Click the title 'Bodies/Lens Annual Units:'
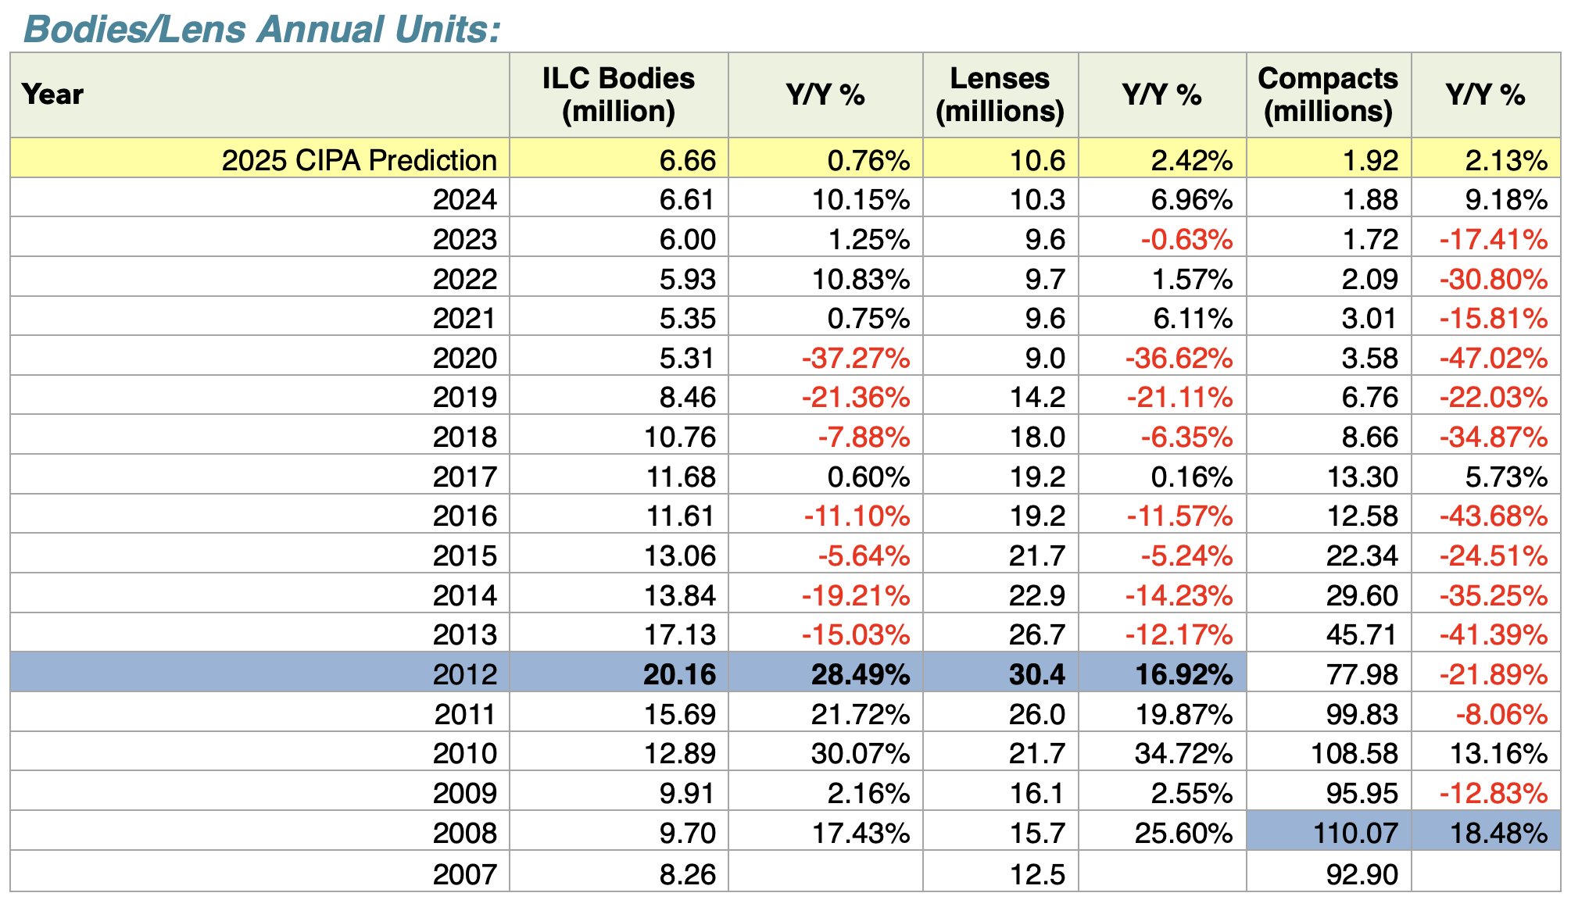[263, 30]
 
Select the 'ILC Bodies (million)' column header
[618, 95]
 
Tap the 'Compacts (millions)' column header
[1328, 95]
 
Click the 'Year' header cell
[52, 95]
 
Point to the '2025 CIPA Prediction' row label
[359, 160]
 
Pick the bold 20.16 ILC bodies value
[679, 674]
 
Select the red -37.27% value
[856, 358]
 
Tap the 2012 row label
[464, 674]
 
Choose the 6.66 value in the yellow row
[687, 160]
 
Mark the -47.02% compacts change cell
[1493, 358]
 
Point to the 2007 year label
[464, 873]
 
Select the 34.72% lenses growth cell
[1183, 754]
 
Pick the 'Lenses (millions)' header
[1000, 95]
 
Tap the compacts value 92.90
[1362, 873]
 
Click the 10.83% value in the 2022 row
[861, 279]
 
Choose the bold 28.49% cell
[861, 674]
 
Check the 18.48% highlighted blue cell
[1498, 833]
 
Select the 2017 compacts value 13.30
[1362, 477]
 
